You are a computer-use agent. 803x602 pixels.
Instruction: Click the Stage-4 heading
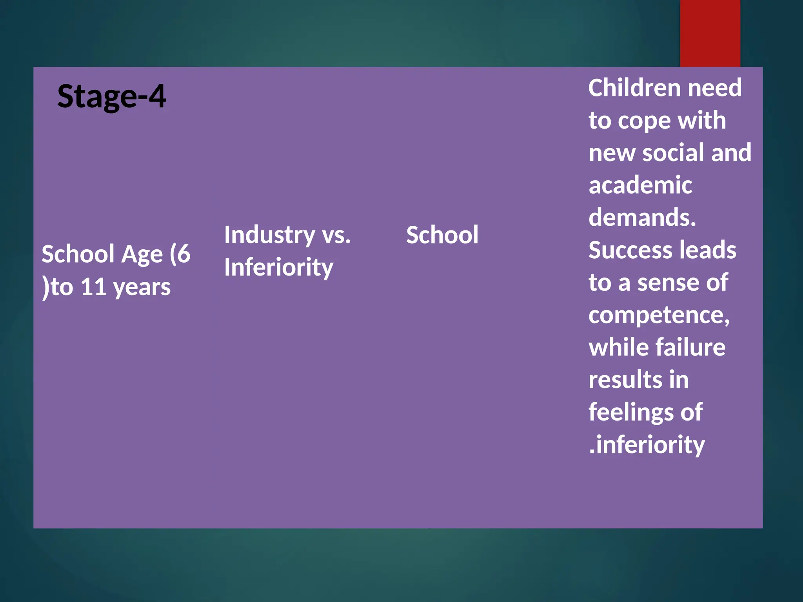(x=111, y=97)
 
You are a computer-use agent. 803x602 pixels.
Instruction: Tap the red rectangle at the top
(x=710, y=33)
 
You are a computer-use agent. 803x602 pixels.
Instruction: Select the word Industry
(x=269, y=235)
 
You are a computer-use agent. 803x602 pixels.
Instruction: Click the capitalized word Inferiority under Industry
(x=278, y=267)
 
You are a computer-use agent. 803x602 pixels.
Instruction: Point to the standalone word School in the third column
(x=442, y=235)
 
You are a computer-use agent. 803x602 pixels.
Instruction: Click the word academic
(x=640, y=185)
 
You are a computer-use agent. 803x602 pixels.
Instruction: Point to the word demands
(x=642, y=218)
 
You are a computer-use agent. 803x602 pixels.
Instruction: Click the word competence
(x=659, y=315)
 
